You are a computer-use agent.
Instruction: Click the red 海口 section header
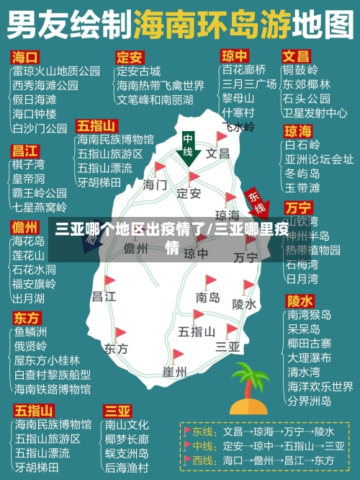(26, 56)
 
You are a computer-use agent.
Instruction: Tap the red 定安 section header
(130, 56)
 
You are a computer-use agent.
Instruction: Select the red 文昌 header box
(295, 56)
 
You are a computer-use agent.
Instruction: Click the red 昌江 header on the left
(26, 151)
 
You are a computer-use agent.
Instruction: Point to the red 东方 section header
(27, 317)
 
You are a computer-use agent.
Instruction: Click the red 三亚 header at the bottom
(118, 411)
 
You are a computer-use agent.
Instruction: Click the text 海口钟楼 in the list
(35, 113)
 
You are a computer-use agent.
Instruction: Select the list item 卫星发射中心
(315, 112)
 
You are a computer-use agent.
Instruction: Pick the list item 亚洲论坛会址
(319, 159)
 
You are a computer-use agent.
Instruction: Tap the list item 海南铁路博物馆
(53, 388)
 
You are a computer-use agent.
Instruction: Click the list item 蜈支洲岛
(127, 453)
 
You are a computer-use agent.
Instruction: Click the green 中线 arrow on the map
(189, 148)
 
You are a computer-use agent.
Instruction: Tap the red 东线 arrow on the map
(255, 203)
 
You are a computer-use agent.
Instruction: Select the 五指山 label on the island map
(196, 332)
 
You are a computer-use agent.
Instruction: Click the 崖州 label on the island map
(174, 372)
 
